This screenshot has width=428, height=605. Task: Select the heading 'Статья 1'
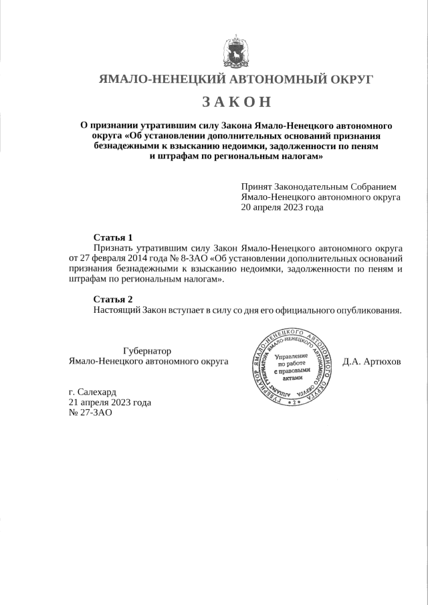click(113, 237)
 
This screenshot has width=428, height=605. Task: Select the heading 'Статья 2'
click(113, 299)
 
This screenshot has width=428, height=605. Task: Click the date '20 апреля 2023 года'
click(282, 207)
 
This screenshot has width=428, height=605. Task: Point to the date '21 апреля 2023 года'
click(110, 402)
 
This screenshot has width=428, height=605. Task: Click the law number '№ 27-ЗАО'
click(90, 413)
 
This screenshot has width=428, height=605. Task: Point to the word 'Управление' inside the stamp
click(292, 357)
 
